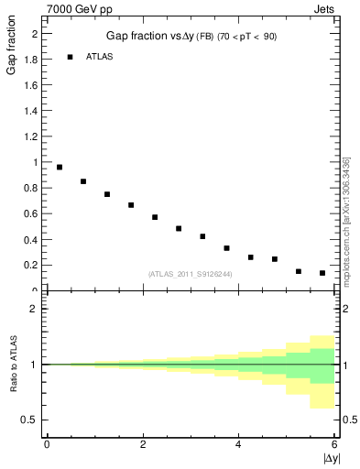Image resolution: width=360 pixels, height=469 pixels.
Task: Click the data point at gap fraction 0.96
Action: (x=60, y=167)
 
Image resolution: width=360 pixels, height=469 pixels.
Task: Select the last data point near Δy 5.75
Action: (x=322, y=273)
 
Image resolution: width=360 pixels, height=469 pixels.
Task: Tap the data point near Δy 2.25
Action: (x=155, y=217)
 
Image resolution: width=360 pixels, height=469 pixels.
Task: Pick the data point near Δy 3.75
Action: (x=226, y=248)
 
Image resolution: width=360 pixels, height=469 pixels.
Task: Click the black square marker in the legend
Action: (x=70, y=57)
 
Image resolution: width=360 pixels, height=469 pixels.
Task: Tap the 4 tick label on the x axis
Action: (x=238, y=444)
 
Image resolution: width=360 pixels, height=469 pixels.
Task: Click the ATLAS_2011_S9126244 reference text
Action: (x=190, y=273)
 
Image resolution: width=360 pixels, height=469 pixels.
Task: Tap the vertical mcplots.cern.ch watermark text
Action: (x=346, y=220)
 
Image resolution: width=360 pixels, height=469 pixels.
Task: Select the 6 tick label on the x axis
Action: (x=334, y=444)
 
